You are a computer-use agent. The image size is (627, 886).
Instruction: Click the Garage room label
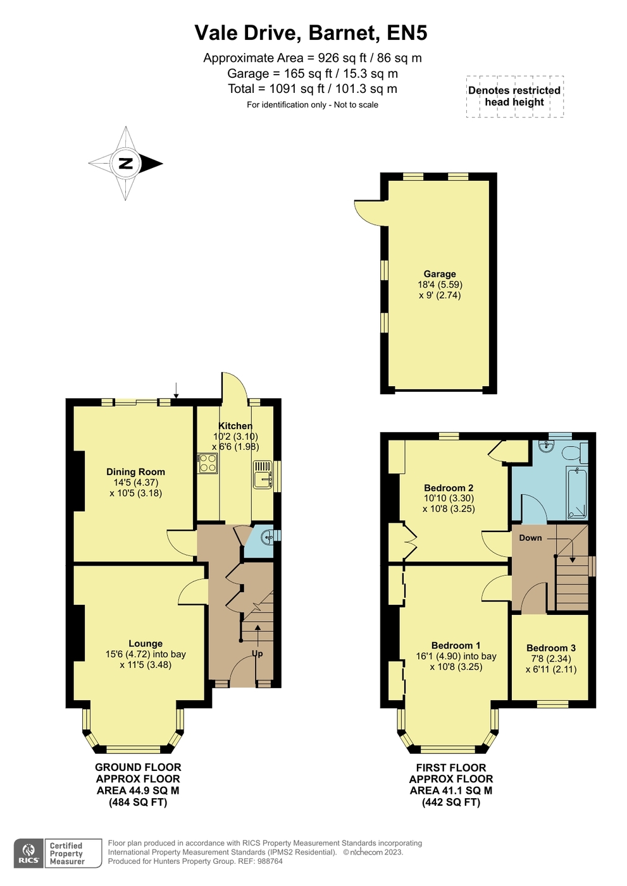point(440,274)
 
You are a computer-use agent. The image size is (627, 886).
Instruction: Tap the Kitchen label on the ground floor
point(235,425)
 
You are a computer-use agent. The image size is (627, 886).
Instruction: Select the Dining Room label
point(135,471)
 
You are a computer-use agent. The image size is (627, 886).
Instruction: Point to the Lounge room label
point(146,643)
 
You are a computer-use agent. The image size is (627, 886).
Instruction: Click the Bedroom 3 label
point(551,648)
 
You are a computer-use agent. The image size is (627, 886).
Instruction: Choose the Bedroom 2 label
point(449,488)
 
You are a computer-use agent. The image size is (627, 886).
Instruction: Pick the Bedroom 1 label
point(456,645)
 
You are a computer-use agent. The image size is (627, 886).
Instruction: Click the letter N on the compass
point(126,163)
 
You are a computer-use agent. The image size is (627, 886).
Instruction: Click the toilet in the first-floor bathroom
point(575,452)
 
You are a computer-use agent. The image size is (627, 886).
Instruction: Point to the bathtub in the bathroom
point(577,493)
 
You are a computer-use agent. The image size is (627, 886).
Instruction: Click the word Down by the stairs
point(530,538)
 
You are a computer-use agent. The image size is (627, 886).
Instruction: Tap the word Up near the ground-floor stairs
point(258,654)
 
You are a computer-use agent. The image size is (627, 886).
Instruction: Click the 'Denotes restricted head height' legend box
point(514,96)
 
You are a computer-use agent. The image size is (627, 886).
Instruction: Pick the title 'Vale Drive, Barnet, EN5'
point(311,33)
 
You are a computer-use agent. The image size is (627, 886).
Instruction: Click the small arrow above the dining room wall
point(177,390)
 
